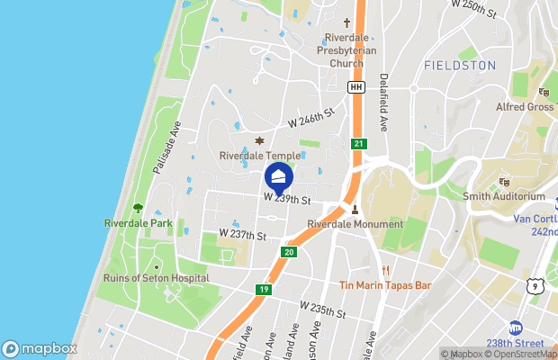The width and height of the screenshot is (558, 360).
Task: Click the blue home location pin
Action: tap(279, 175)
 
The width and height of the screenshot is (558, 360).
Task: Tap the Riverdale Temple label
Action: tap(260, 156)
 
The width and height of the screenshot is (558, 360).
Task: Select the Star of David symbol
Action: tap(260, 141)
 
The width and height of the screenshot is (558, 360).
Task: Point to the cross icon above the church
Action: tap(347, 22)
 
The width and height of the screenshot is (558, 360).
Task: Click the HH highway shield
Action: tap(355, 86)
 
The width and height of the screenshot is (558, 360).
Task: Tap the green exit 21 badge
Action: tap(358, 144)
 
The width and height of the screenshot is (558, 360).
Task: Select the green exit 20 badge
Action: tap(289, 252)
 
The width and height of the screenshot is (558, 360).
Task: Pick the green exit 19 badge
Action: tap(264, 290)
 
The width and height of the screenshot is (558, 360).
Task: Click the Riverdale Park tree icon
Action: tap(138, 208)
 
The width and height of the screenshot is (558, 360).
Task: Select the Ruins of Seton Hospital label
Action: tap(156, 278)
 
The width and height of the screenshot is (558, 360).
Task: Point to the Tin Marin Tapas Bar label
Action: tap(386, 285)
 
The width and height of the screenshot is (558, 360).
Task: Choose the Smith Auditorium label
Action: tap(504, 196)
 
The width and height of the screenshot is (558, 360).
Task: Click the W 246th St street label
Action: tap(310, 117)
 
